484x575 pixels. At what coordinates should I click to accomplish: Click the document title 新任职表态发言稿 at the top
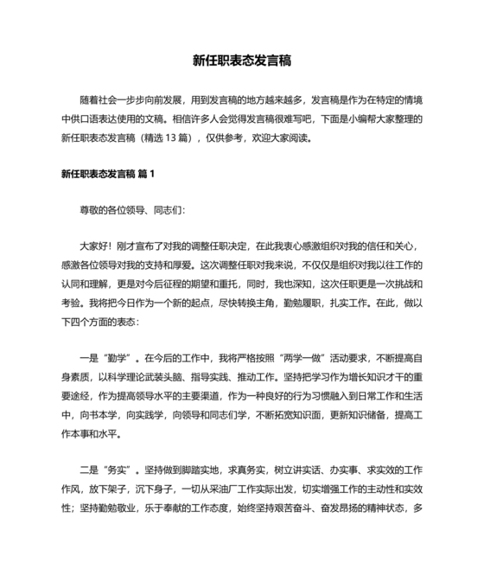242,61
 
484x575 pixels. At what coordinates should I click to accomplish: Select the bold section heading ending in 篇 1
108,174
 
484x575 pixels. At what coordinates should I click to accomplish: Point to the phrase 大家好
94,245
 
